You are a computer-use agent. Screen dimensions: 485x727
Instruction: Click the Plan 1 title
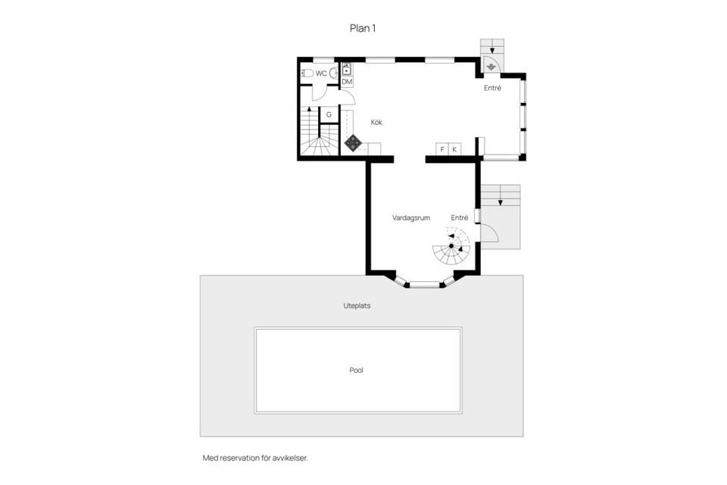pyautogui.click(x=363, y=28)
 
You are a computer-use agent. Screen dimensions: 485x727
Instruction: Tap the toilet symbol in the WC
pyautogui.click(x=307, y=74)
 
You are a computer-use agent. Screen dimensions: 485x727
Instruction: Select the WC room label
pyautogui.click(x=321, y=74)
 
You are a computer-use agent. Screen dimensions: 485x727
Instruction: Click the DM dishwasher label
pyautogui.click(x=347, y=82)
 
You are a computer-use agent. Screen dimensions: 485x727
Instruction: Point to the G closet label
pyautogui.click(x=329, y=114)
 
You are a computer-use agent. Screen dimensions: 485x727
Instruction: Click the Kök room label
pyautogui.click(x=376, y=122)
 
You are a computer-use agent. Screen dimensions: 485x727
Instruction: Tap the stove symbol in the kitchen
pyautogui.click(x=353, y=141)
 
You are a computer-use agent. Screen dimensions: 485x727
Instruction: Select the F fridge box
pyautogui.click(x=442, y=149)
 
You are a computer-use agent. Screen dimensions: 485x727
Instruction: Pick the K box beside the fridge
pyautogui.click(x=454, y=149)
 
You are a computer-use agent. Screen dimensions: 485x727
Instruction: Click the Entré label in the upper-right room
pyautogui.click(x=493, y=88)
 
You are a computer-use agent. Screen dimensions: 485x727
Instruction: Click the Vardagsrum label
pyautogui.click(x=411, y=217)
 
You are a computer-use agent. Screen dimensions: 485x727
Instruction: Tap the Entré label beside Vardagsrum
pyautogui.click(x=460, y=217)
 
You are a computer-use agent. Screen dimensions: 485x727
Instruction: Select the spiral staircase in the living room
pyautogui.click(x=451, y=246)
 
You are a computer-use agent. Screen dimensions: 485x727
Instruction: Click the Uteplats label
pyautogui.click(x=357, y=306)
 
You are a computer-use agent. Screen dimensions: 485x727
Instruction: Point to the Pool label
pyautogui.click(x=357, y=371)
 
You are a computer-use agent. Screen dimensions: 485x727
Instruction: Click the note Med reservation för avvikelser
pyautogui.click(x=255, y=458)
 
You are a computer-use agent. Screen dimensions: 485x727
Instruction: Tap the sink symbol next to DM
pyautogui.click(x=347, y=70)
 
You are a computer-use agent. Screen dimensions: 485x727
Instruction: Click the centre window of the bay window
pyautogui.click(x=424, y=285)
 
